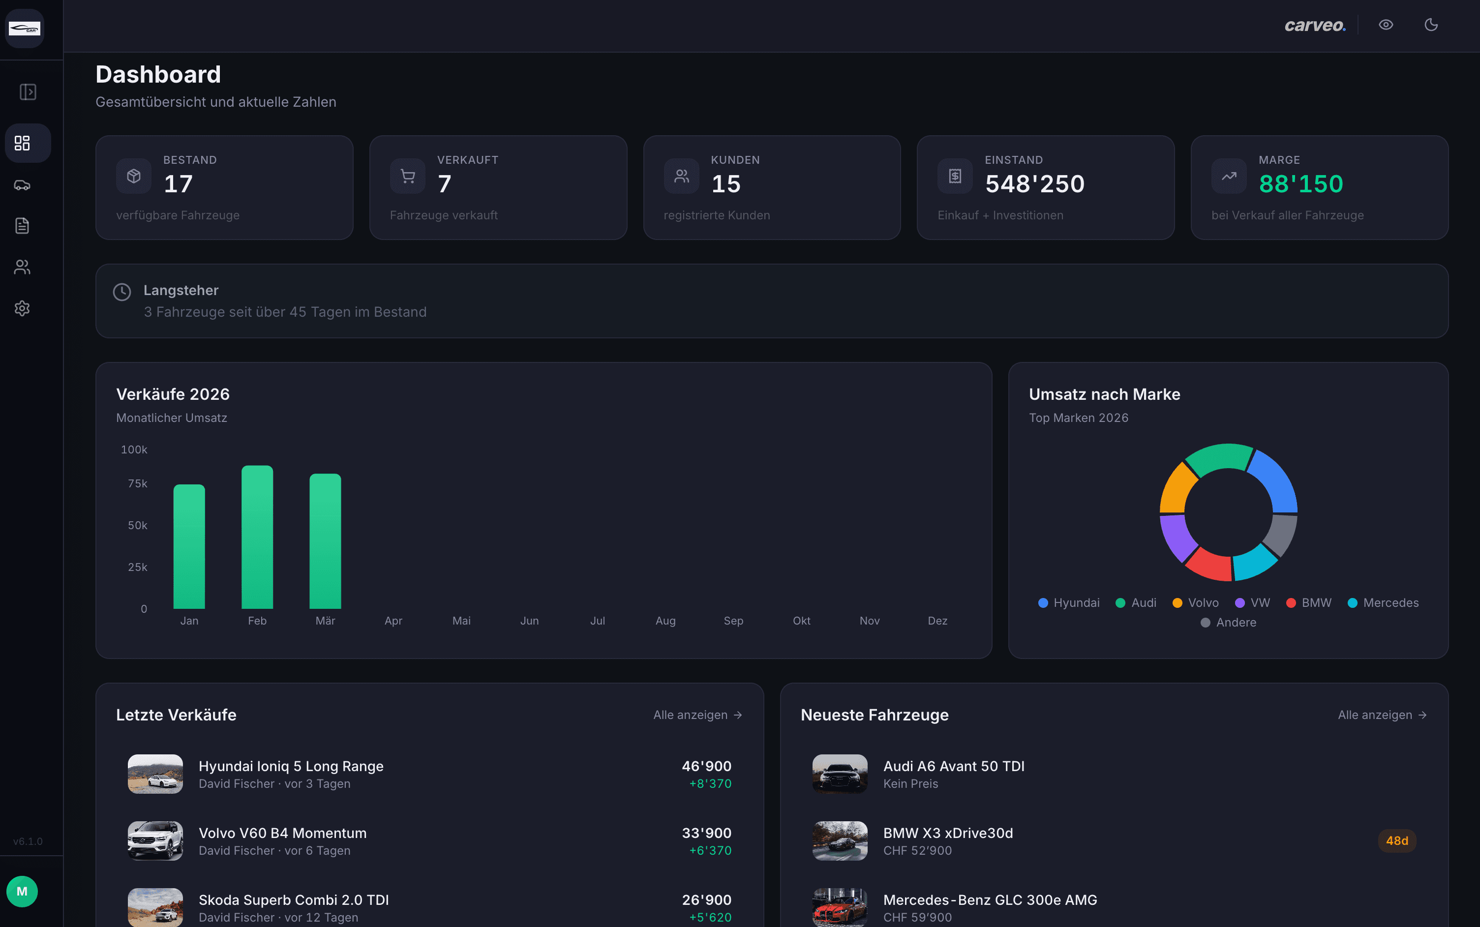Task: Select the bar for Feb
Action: pos(257,537)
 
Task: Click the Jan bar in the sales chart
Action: pos(189,546)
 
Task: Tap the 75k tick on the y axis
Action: pos(137,484)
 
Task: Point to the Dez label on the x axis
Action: pos(937,621)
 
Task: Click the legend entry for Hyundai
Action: pos(1069,602)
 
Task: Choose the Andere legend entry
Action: pos(1228,622)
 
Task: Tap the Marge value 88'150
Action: pos(1300,184)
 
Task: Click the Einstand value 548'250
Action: pos(1034,184)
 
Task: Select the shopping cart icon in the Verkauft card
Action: pos(408,177)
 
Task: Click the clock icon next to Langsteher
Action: pos(122,292)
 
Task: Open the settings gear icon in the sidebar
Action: pos(22,308)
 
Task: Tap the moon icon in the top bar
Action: pos(1431,25)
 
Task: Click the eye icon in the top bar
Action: pos(1386,25)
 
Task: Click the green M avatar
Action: pos(22,892)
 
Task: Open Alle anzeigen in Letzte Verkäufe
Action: pos(697,715)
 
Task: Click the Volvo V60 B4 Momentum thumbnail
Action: pos(155,840)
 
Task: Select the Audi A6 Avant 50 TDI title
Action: pos(953,766)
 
